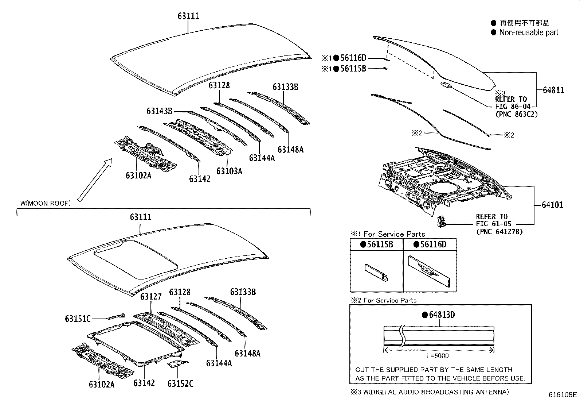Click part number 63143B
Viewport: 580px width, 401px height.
[159, 111]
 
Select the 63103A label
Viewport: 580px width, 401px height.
[229, 171]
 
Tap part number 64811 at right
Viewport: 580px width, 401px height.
[553, 90]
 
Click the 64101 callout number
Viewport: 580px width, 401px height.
[552, 205]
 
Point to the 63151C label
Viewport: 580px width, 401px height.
[78, 319]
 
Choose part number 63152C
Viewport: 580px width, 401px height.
[180, 383]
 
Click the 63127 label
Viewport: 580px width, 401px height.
[151, 296]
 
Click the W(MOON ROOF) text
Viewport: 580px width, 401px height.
[45, 203]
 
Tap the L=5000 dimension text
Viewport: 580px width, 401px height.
[438, 356]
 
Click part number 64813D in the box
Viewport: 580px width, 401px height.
[441, 315]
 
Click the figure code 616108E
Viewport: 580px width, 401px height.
[563, 395]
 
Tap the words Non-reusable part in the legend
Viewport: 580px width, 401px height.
[528, 32]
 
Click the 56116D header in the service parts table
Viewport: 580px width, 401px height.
[433, 244]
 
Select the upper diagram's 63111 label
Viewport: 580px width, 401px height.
[188, 16]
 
